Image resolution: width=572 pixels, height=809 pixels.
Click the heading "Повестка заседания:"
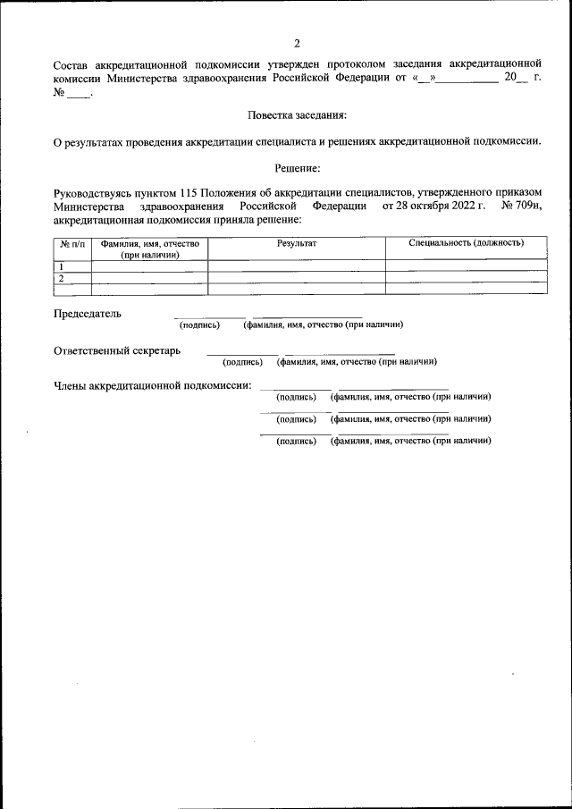296,115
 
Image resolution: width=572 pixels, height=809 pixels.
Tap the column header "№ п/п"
72,243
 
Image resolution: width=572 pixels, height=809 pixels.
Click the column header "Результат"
297,243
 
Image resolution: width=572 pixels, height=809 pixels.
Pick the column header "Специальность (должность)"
466,243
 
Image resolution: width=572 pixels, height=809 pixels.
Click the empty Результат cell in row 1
297,265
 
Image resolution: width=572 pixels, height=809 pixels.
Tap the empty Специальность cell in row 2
466,277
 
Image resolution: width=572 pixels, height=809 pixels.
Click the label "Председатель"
88,314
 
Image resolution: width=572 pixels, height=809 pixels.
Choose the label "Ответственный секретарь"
117,350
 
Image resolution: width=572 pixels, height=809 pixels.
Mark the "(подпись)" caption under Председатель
199,324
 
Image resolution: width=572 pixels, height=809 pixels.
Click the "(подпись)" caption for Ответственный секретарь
242,362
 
